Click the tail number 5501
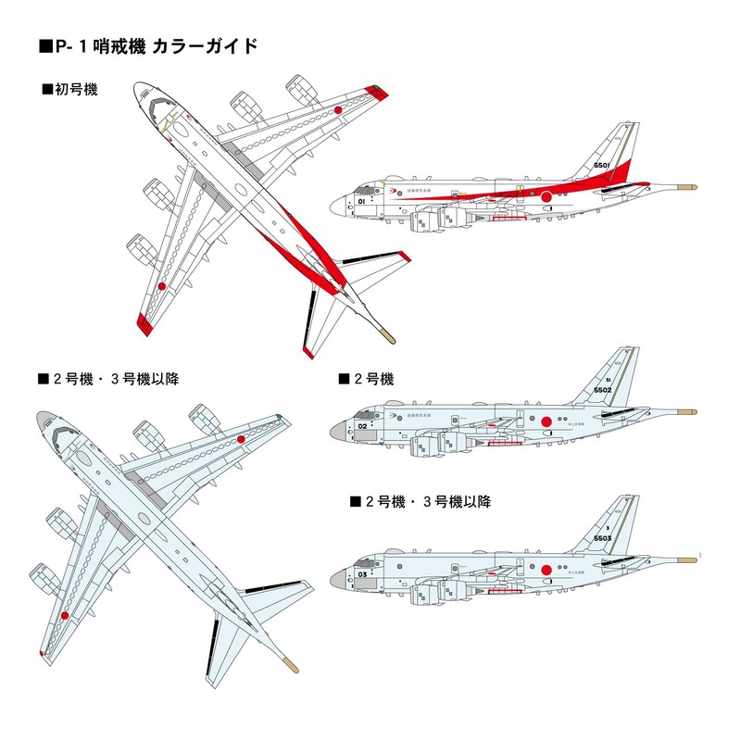[600, 165]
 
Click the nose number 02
[363, 427]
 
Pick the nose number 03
[363, 574]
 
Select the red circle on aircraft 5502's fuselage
[546, 423]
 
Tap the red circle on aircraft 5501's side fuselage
[546, 195]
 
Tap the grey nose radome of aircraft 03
[338, 576]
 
